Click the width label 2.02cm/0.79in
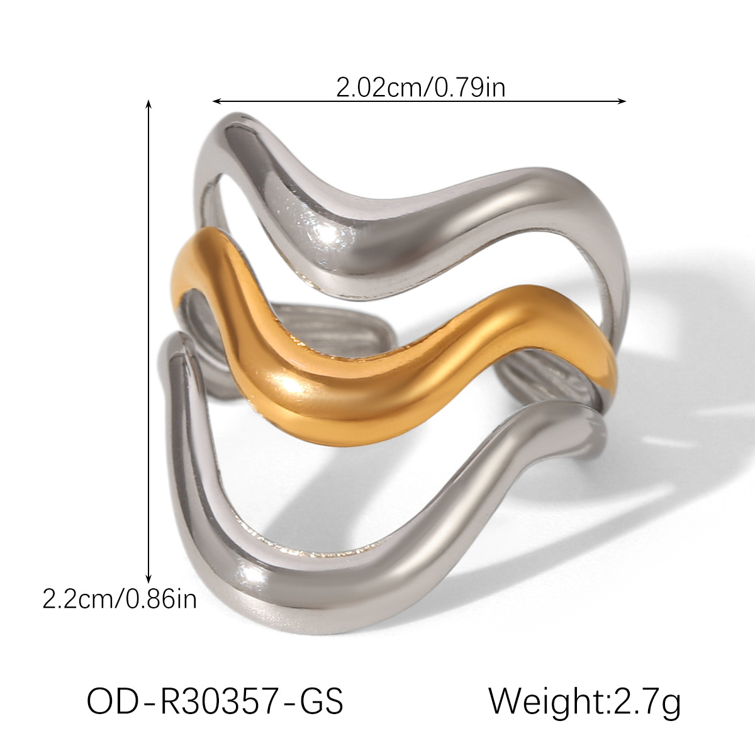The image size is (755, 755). click(420, 87)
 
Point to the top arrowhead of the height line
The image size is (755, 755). click(148, 103)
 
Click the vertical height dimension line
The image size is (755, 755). click(148, 340)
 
